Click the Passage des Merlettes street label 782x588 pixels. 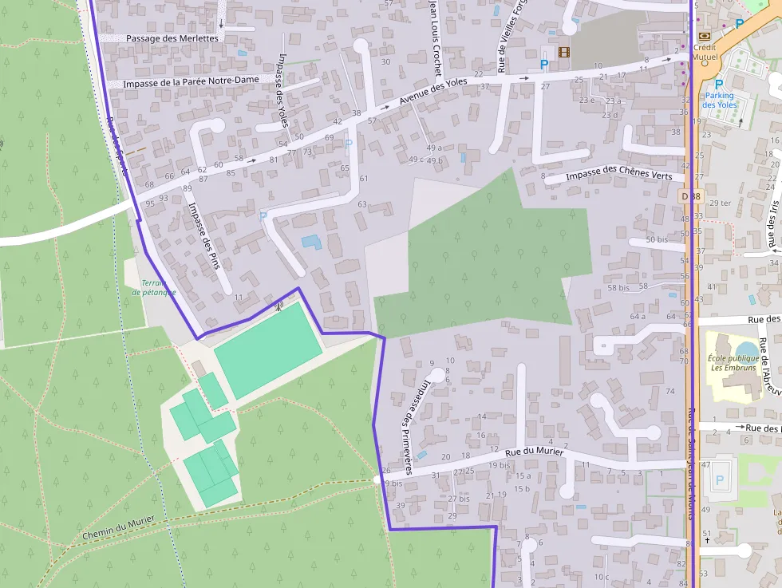[x=172, y=38]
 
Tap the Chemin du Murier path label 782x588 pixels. [x=117, y=529]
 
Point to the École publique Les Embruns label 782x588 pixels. [x=733, y=363]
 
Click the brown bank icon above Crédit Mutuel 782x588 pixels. [x=703, y=36]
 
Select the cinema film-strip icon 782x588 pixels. [x=565, y=53]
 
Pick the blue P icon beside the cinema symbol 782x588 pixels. [x=544, y=63]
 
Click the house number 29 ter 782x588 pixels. [x=720, y=203]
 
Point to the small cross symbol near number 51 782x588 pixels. [x=707, y=540]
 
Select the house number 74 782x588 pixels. [x=670, y=391]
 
